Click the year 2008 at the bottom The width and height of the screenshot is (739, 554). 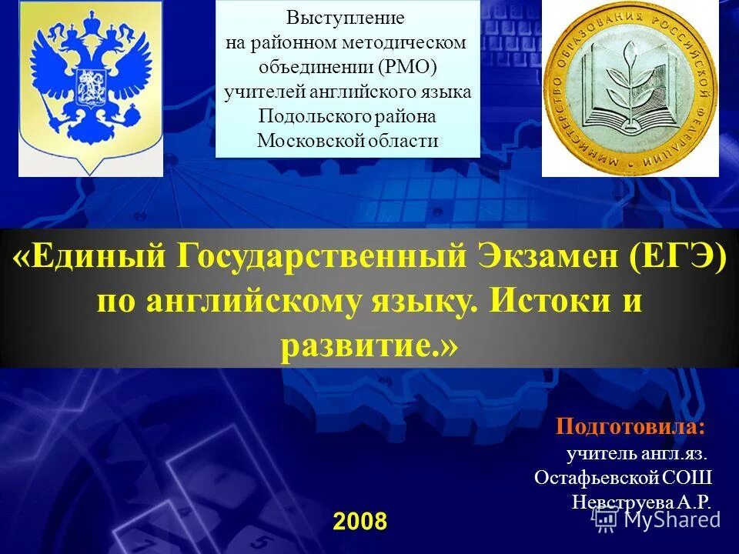(359, 521)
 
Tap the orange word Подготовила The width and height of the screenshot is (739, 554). (630, 426)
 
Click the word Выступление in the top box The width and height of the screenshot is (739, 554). (346, 17)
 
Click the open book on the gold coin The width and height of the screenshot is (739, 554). (629, 108)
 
